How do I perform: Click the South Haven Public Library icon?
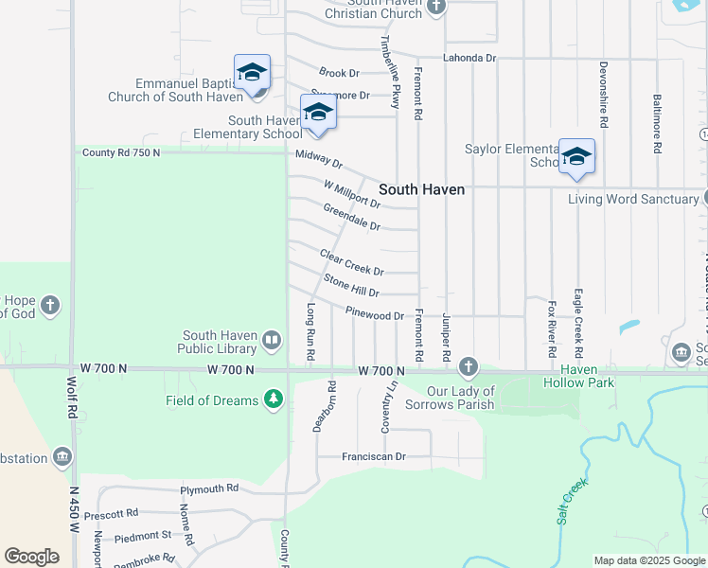point(272,340)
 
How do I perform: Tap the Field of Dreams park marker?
point(274,399)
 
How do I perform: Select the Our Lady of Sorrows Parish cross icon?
point(468,366)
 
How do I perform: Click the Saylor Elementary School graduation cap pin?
point(575,157)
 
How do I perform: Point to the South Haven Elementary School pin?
point(318,114)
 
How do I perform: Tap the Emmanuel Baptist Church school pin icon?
point(253,73)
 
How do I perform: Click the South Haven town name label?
point(422,189)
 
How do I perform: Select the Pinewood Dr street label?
point(376,314)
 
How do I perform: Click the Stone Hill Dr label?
point(351,286)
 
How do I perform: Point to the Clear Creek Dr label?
point(351,262)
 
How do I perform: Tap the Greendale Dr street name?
point(351,217)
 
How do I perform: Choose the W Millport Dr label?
point(351,194)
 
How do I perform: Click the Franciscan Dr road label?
point(374,456)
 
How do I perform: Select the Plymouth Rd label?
point(210,488)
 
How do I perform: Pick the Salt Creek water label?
point(573,502)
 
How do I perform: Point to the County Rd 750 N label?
point(120,152)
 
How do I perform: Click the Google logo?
point(31,557)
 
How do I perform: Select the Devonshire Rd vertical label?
point(603,95)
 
